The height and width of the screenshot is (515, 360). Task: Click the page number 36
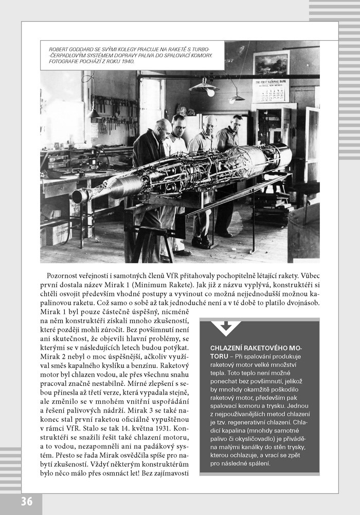click(x=27, y=501)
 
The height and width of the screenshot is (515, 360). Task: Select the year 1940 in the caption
click(x=125, y=62)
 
